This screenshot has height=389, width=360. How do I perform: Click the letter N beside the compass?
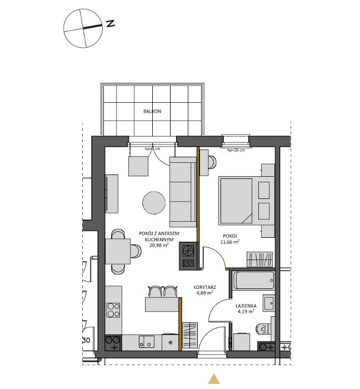tap(111, 24)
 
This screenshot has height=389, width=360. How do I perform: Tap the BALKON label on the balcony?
tap(152, 111)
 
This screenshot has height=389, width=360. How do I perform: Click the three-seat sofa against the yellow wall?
tap(183, 192)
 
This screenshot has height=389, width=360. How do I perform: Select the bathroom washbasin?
tap(269, 303)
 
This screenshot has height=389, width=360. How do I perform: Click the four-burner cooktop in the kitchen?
tap(114, 309)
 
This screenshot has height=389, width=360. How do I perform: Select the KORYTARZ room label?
tap(205, 287)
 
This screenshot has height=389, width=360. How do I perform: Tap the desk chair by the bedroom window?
tap(212, 161)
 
